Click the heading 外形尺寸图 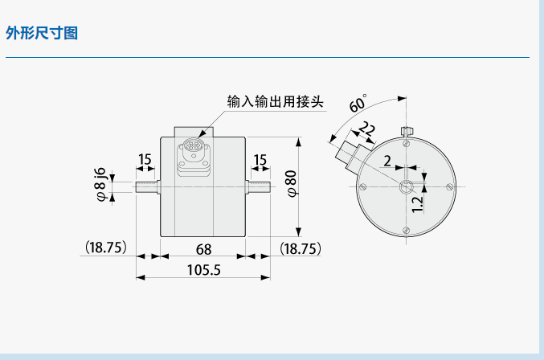pos(41,34)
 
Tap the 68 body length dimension pos(203,248)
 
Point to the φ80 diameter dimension pos(292,184)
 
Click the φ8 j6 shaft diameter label pos(100,184)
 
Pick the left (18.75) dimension pos(104,248)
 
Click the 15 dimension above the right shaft pos(260,160)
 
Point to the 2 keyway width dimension pos(387,161)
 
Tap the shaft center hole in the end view pos(406,186)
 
